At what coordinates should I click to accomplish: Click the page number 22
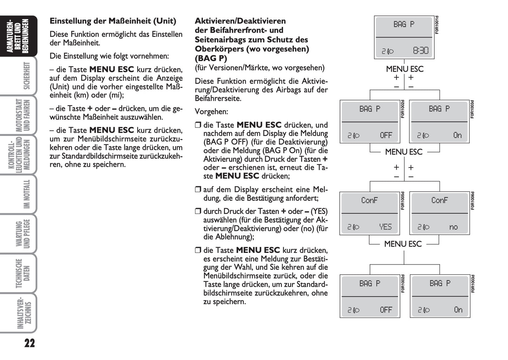[30, 343]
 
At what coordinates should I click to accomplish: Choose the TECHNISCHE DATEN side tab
[23, 273]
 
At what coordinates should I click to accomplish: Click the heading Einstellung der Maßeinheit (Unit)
[113, 21]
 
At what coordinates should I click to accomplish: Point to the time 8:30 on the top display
[420, 51]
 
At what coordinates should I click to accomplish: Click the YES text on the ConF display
[385, 227]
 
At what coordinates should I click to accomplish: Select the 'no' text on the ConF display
[454, 227]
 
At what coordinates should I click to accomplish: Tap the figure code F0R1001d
[437, 25]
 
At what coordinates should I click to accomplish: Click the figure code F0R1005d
[403, 201]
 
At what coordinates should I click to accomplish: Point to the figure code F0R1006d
[472, 201]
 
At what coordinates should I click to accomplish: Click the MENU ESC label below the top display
[405, 69]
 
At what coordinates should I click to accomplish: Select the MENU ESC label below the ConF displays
[403, 244]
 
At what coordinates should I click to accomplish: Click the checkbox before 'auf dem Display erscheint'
[198, 190]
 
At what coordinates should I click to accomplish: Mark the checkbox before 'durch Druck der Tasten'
[198, 211]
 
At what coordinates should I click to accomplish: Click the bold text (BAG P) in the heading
[211, 58]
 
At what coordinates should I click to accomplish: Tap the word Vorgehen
[211, 112]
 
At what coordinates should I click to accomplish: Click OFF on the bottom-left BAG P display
[386, 310]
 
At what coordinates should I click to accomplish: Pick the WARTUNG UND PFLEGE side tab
[23, 234]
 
